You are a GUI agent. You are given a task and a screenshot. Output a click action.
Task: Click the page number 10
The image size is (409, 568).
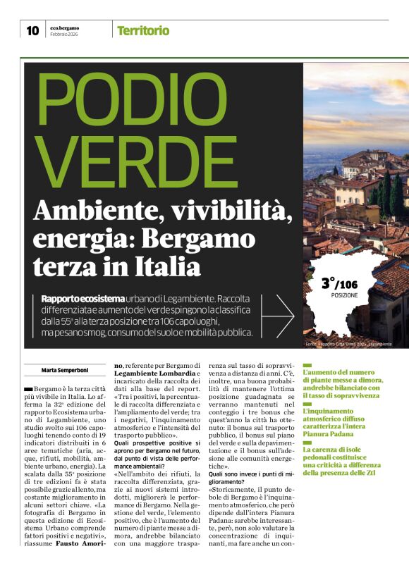click(32, 30)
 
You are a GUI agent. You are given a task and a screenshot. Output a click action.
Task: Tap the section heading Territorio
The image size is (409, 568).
click(143, 30)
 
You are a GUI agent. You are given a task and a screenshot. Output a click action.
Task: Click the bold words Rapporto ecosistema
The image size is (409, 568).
click(83, 300)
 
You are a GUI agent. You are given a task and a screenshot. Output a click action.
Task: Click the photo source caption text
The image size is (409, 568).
click(348, 343)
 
